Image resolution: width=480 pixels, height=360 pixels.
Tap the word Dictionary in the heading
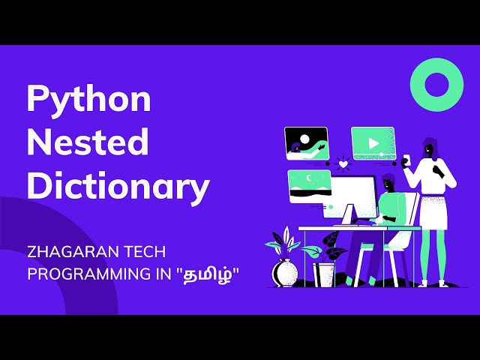118,186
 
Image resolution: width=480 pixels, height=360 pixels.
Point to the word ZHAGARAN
69,252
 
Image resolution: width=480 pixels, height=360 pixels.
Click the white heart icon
343,163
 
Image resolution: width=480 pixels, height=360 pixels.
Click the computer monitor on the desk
355,196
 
